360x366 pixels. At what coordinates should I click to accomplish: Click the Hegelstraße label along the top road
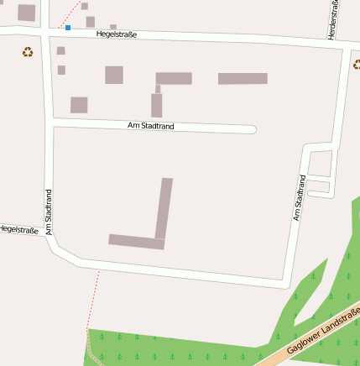coord(117,34)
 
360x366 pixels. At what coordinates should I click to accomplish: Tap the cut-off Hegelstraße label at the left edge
coord(19,228)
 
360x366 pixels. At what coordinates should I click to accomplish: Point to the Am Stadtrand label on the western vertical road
coord(49,211)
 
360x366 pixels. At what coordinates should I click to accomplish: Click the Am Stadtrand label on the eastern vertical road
coord(299,197)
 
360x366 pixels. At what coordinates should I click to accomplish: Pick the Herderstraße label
coord(335,18)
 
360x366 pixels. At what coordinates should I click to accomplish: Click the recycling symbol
coord(28,52)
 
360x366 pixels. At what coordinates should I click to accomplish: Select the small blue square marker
coord(68,28)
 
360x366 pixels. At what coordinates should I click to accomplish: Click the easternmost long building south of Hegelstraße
coord(243,79)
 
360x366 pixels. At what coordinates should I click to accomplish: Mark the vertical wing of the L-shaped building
coord(164,207)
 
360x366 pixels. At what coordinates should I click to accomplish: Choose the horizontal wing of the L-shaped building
coord(136,242)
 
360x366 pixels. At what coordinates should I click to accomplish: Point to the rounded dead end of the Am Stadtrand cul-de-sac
coord(252,129)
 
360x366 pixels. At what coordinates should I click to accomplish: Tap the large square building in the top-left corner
coord(26,13)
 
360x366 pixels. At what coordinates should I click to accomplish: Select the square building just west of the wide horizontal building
coord(114,75)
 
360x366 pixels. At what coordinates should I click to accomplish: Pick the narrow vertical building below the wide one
coord(156,105)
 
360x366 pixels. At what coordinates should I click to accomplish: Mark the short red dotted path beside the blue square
coord(74,14)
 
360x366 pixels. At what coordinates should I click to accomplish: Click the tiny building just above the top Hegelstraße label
coord(113,27)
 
